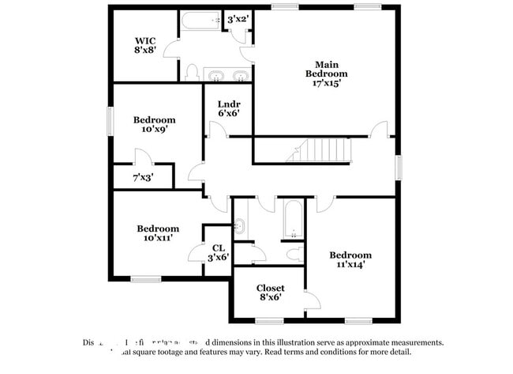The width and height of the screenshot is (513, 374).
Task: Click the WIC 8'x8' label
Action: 145,45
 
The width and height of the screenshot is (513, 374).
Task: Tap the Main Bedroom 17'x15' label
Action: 327,74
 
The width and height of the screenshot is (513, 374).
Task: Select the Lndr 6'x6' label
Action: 229,108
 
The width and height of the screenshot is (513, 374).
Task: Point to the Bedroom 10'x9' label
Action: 154,124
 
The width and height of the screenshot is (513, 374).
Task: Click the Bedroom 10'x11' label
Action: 158,232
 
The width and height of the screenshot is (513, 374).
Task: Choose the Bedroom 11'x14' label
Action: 350,259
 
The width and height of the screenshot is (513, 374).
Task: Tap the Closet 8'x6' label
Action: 270,293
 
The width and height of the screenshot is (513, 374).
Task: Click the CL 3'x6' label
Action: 218,253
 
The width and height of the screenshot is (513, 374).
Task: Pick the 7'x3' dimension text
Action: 143,178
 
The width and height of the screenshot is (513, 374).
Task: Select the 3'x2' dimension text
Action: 238,19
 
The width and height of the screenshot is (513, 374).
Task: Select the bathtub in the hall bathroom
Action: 292,218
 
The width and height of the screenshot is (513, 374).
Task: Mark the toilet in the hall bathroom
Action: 294,254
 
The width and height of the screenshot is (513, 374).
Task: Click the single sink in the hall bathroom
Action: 241,227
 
